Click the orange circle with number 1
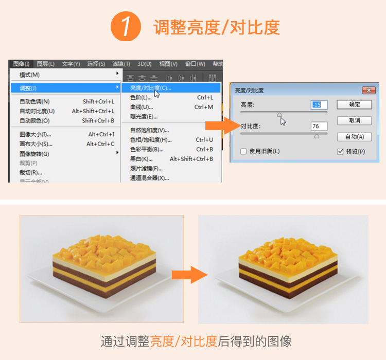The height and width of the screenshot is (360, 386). click(126, 27)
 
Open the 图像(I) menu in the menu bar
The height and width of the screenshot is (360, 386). click(21, 64)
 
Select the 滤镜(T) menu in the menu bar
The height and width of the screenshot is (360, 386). click(121, 64)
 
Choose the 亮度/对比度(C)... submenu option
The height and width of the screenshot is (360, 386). click(150, 88)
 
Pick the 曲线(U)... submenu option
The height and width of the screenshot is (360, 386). click(142, 107)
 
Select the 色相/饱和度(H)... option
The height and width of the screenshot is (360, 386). click(151, 140)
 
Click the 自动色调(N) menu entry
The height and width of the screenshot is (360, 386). click(34, 101)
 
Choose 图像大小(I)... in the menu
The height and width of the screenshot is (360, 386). click(35, 134)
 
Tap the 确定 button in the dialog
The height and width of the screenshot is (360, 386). click(354, 104)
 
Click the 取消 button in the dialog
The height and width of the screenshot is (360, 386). click(354, 120)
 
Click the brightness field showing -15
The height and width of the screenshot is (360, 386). click(319, 105)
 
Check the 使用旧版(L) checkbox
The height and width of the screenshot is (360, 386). click(244, 151)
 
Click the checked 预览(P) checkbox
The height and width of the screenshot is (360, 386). click(340, 151)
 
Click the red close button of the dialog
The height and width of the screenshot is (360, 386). click(369, 90)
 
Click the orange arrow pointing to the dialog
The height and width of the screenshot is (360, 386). click(219, 126)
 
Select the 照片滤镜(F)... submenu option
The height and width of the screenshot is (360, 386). click(146, 168)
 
